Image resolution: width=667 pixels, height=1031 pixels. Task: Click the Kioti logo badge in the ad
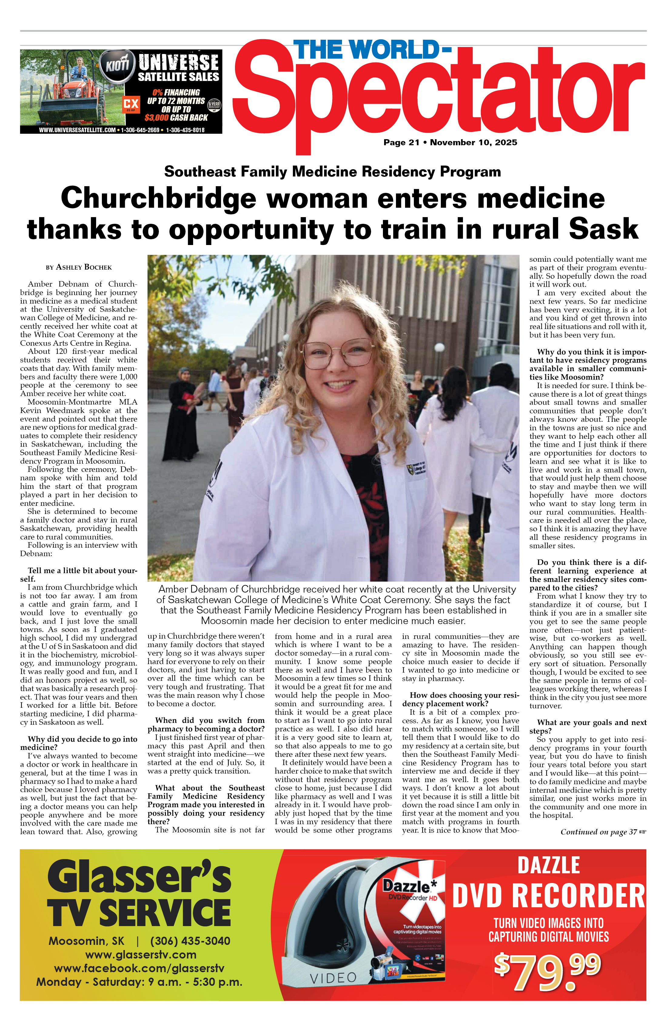pos(117,65)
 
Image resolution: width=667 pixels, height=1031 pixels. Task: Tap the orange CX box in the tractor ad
pos(130,104)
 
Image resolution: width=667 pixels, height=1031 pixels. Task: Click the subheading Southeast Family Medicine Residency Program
pos(332,172)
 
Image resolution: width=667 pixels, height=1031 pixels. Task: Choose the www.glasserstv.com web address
pos(141,954)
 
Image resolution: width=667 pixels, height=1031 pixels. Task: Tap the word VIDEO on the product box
pos(333,978)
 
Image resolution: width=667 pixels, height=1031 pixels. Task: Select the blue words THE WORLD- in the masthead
pos(372,50)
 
